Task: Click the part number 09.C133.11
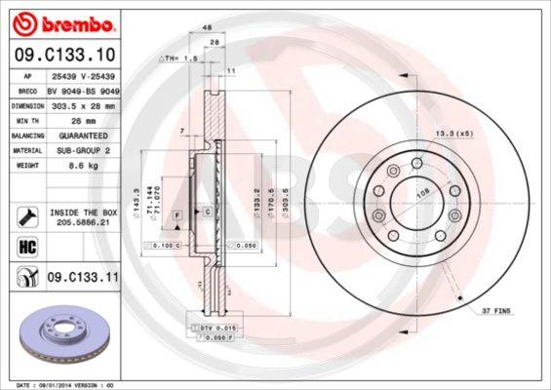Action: (82, 278)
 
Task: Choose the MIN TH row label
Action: (24, 119)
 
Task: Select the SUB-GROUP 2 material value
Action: (82, 150)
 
